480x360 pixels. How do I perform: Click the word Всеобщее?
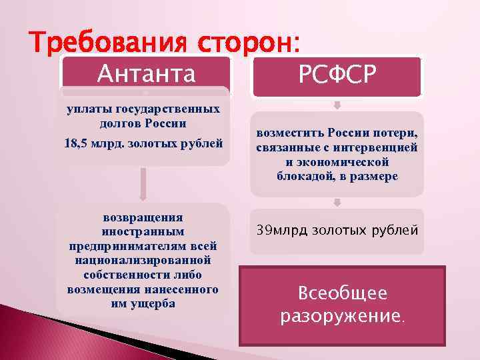pos(342,293)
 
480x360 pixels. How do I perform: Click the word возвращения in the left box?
pos(143,217)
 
